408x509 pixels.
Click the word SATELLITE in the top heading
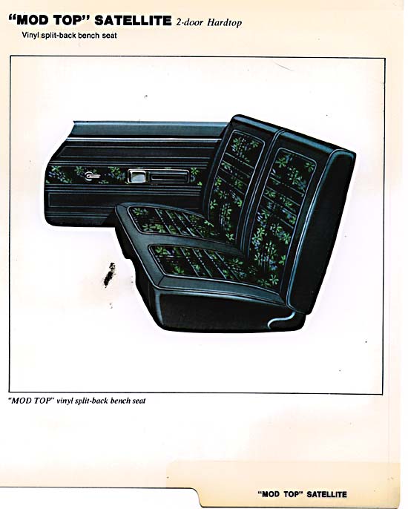point(133,21)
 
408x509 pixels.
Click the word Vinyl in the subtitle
point(30,36)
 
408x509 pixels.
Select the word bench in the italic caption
point(120,401)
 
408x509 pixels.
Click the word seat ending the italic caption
point(139,401)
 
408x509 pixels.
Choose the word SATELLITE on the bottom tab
point(326,494)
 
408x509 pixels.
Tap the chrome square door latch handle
point(136,177)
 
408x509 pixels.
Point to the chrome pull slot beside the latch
point(169,177)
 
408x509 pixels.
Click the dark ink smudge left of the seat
point(109,275)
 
